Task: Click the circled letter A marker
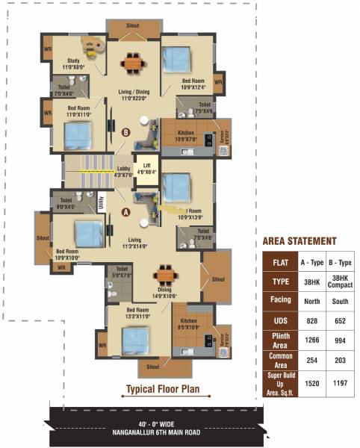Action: point(125,212)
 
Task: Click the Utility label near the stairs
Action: point(102,203)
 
